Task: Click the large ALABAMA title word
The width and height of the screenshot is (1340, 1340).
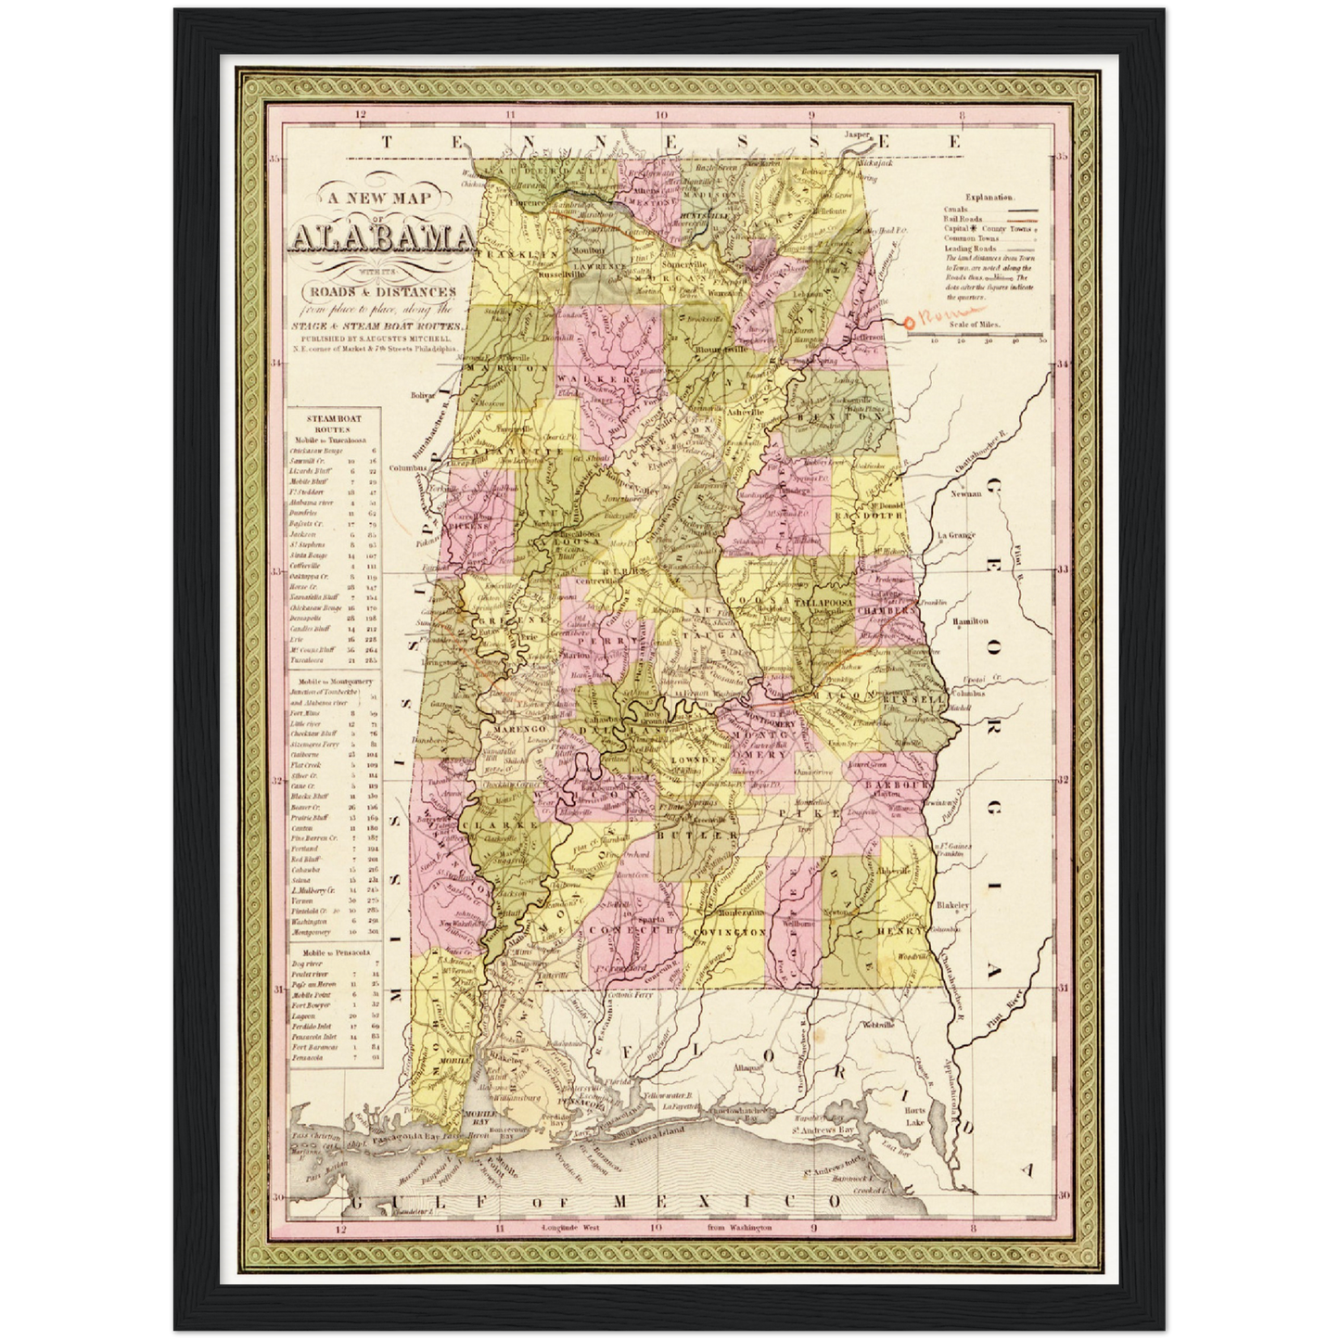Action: (x=380, y=239)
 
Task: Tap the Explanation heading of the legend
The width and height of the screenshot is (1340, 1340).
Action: (x=989, y=198)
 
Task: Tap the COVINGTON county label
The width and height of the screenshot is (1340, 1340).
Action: (x=726, y=931)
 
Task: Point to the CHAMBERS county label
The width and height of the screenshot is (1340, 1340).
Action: (x=889, y=611)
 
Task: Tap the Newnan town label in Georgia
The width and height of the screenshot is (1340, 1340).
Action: (x=965, y=493)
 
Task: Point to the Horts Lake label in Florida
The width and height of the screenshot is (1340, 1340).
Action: (x=914, y=1117)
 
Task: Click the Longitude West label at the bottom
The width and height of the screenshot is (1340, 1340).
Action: (x=572, y=1227)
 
